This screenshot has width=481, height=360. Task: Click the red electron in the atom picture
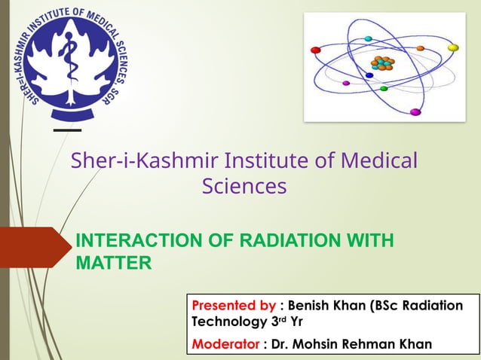[x=316, y=50]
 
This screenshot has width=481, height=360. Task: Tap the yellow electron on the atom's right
[x=453, y=47]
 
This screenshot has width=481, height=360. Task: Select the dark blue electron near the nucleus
[x=369, y=75]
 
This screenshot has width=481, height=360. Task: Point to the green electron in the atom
[x=384, y=89]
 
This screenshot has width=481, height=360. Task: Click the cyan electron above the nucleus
[x=368, y=38]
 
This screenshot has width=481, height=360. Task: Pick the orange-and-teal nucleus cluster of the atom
[x=382, y=63]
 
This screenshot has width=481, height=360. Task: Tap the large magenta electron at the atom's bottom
[x=415, y=112]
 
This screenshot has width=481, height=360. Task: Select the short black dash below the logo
[x=67, y=130]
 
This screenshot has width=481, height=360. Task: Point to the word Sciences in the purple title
[x=244, y=185]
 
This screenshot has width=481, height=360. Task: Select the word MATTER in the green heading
[x=114, y=263]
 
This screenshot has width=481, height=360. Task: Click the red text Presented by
[x=234, y=306]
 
